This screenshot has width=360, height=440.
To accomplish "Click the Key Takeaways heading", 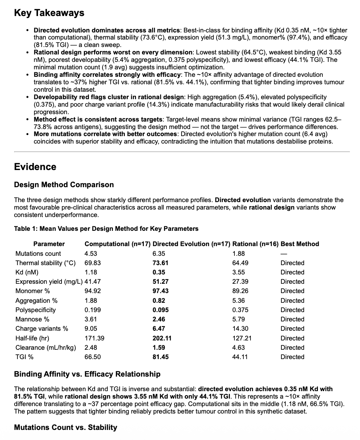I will [49, 13].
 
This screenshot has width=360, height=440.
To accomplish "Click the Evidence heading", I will [35, 167].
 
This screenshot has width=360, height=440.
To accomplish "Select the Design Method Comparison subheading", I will [64, 185].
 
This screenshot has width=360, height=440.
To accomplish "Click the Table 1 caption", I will [106, 229].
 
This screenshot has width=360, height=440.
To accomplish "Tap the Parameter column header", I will [49, 244].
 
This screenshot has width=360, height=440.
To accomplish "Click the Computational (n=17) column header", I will [117, 244].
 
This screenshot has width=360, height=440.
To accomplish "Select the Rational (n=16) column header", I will [255, 244].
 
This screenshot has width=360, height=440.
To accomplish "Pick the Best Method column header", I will [300, 244].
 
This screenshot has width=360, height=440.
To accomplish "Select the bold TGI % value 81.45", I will [161, 357].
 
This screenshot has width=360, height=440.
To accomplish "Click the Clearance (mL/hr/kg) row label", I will [45, 348].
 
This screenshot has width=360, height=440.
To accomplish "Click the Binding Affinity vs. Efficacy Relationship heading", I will [87, 374].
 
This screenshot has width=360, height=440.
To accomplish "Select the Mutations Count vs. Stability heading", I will [66, 427].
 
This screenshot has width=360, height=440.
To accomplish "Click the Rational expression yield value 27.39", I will [240, 282].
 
